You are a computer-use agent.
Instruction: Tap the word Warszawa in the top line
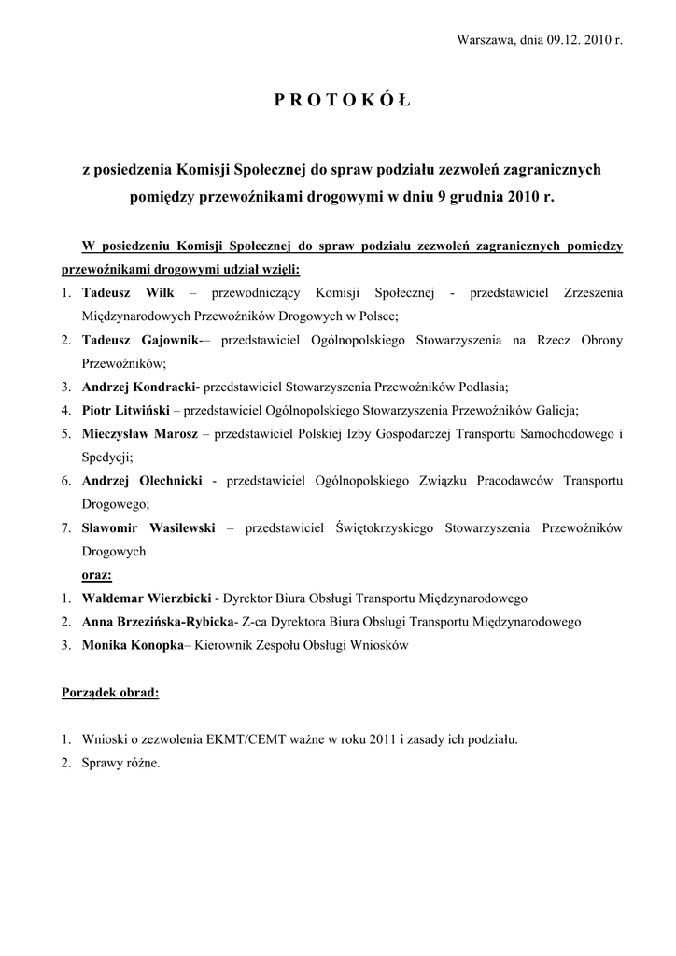[x=485, y=41]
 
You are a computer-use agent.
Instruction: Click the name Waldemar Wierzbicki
[x=147, y=597]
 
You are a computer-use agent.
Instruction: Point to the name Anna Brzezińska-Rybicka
[x=158, y=621]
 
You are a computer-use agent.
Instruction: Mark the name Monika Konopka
[x=133, y=644]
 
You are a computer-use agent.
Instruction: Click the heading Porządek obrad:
[x=110, y=693]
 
